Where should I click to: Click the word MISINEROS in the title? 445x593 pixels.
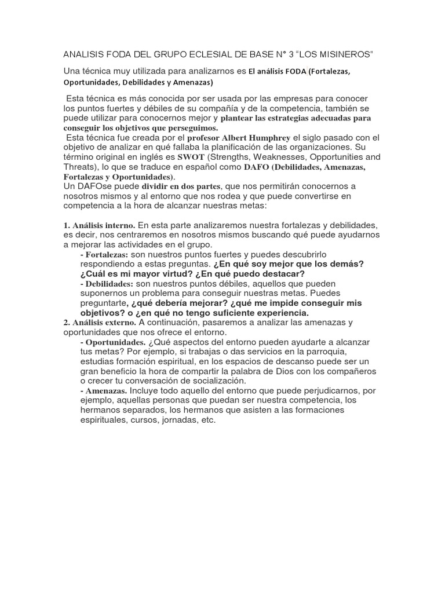345,54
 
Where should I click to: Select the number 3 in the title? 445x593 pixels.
289,54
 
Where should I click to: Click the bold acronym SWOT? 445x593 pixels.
192,157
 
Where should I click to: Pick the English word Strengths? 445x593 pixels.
238,157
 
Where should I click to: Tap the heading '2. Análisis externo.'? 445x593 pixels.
100,322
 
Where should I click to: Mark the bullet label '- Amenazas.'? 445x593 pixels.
104,391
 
